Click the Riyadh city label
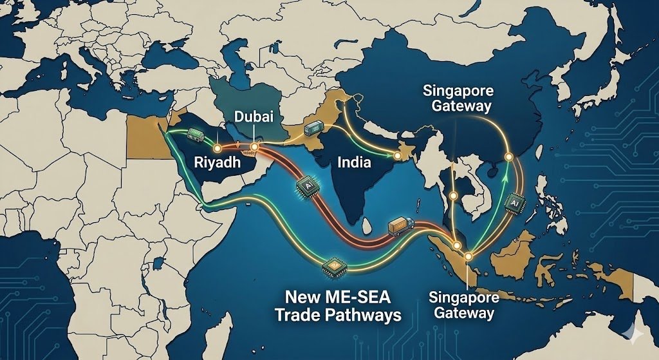coord(217,162)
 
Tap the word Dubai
coord(254,118)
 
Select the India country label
coord(354,162)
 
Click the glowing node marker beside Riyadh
coord(227,139)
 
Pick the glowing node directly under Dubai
coord(254,147)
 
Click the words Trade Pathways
coord(337,316)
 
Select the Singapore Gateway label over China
coord(457,98)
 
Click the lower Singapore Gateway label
coord(463,305)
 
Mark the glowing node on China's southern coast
coord(508,156)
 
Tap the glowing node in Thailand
coord(453,195)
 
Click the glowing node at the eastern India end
coord(398,156)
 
